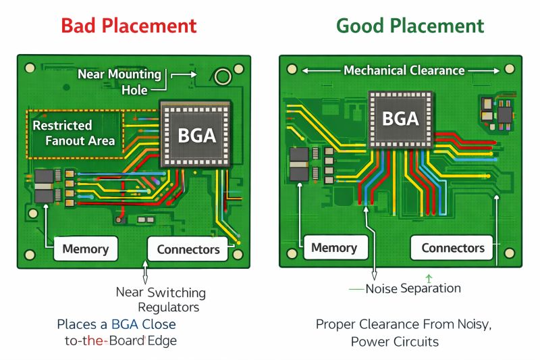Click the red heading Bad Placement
point(129,26)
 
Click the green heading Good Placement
point(410,26)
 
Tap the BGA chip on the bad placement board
point(196,134)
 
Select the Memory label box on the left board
point(86,249)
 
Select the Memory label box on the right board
point(334,248)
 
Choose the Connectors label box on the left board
point(188,249)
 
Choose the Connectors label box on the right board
point(453,248)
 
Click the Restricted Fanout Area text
point(74,133)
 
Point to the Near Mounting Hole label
point(120,81)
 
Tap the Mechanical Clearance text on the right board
point(404,70)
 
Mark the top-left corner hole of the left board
point(29,68)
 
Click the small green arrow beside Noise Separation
point(428,277)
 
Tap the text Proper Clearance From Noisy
point(404,324)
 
